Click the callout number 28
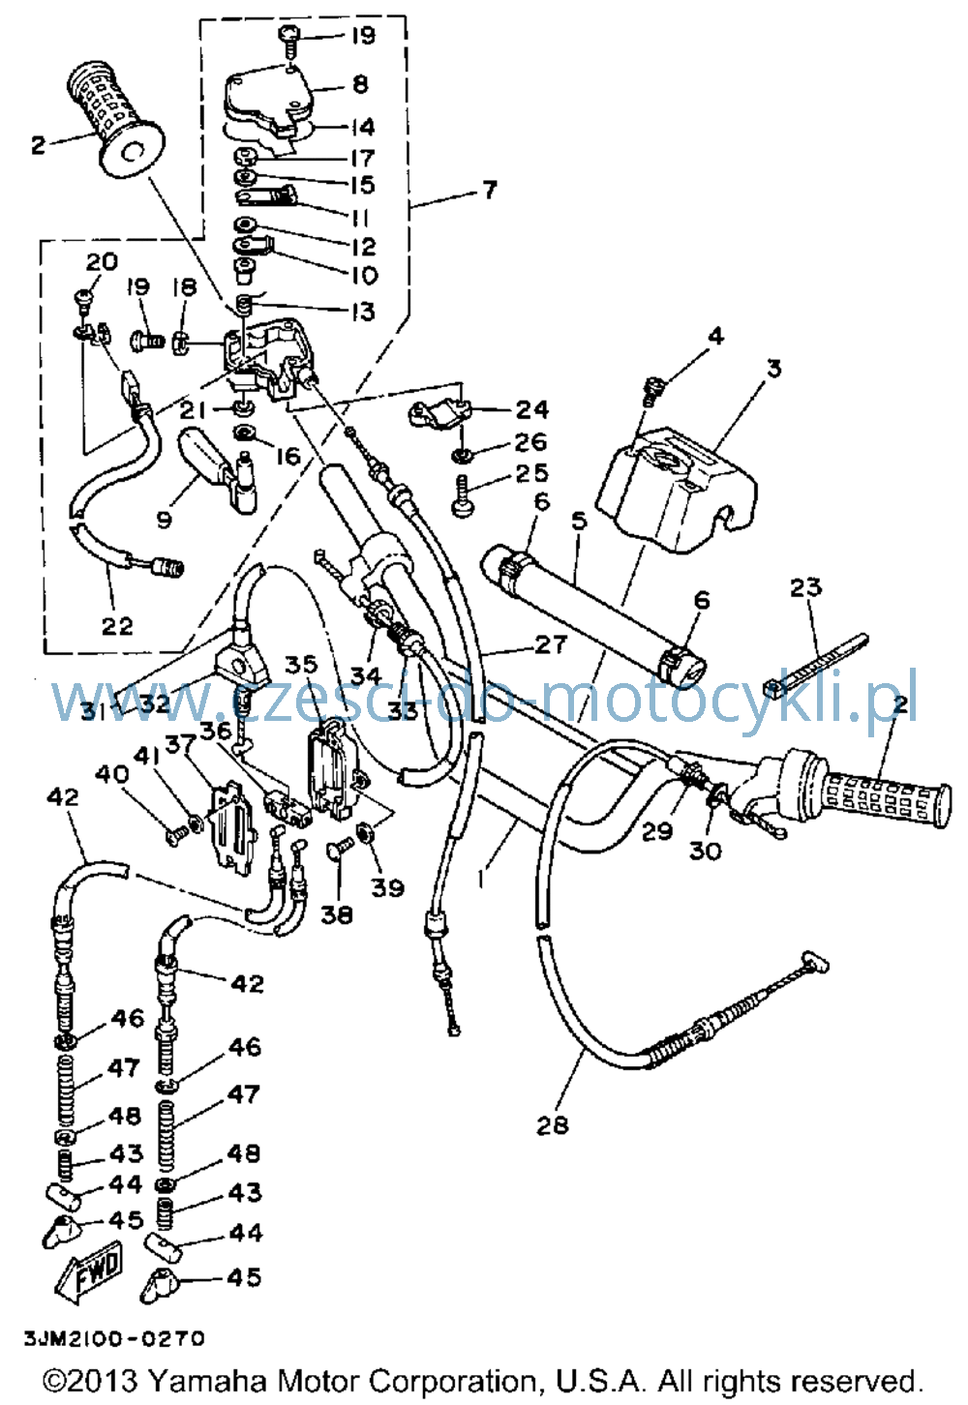pos(552,1125)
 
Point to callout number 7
pos(490,189)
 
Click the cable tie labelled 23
pos(815,664)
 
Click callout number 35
pos(302,664)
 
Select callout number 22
pos(117,625)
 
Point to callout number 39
pos(386,887)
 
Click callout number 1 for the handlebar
pos(479,879)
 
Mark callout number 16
pos(288,456)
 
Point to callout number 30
pos(705,851)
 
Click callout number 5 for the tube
pos(579,520)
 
